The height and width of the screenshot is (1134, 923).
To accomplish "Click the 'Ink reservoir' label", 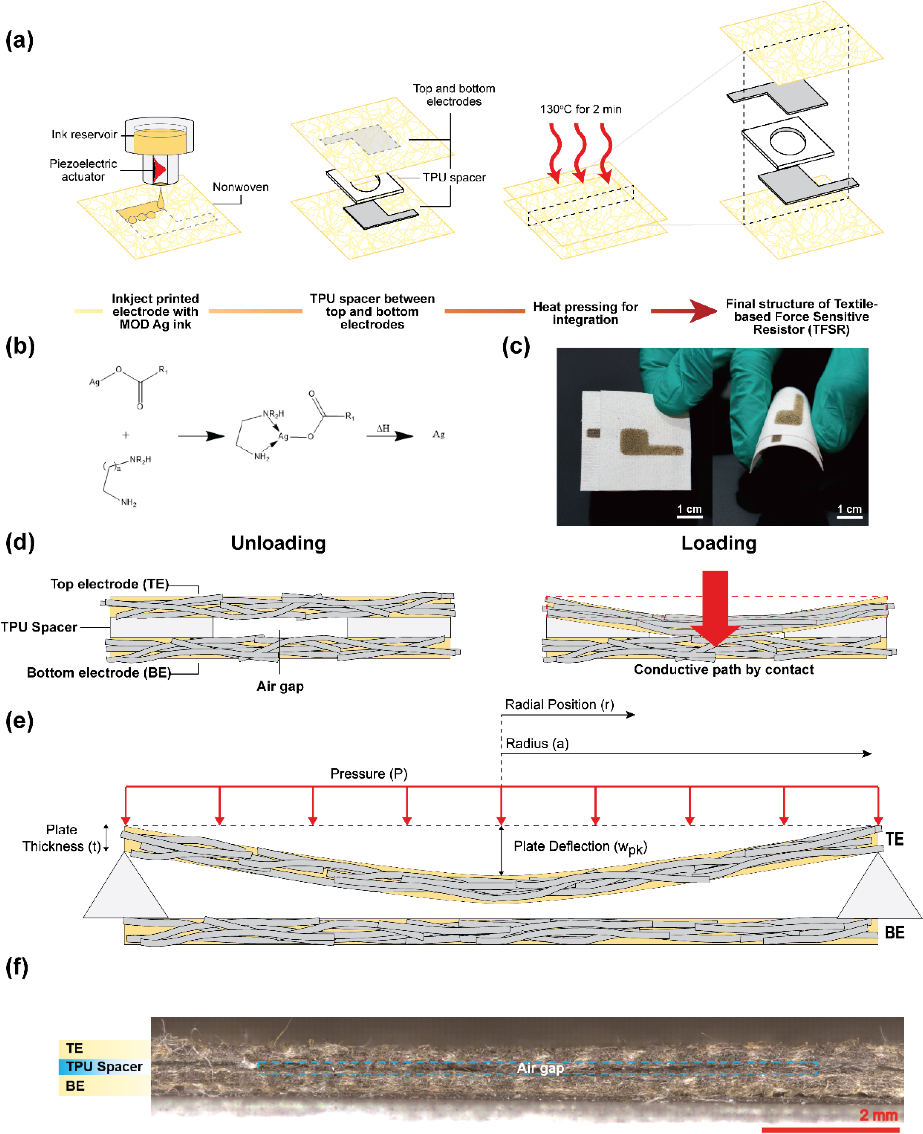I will [84, 135].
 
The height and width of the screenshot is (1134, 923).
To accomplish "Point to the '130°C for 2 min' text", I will [581, 110].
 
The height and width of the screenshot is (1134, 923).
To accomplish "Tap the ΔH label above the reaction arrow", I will [383, 428].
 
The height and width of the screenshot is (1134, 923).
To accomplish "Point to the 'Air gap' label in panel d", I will [280, 686].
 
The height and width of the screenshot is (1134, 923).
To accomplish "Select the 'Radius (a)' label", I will [537, 743].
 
